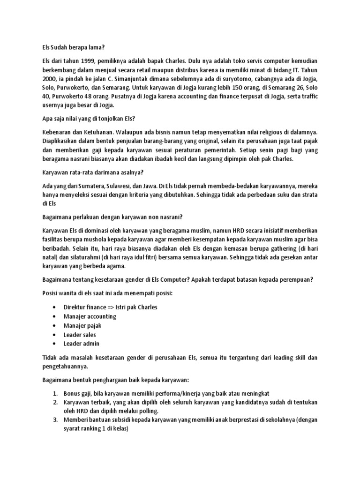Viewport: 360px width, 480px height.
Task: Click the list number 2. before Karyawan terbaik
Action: (x=55, y=402)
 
